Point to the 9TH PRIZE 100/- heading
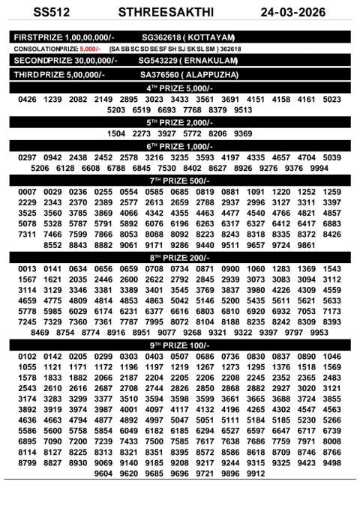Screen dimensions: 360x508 (x=179, y=345)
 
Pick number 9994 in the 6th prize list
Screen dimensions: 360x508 (x=318, y=169)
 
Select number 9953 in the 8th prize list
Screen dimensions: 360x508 (x=319, y=332)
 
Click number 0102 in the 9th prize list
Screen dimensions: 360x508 (x=27, y=357)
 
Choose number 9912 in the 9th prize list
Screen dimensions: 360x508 (x=256, y=474)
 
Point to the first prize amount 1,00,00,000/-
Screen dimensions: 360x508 (x=87, y=37)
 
